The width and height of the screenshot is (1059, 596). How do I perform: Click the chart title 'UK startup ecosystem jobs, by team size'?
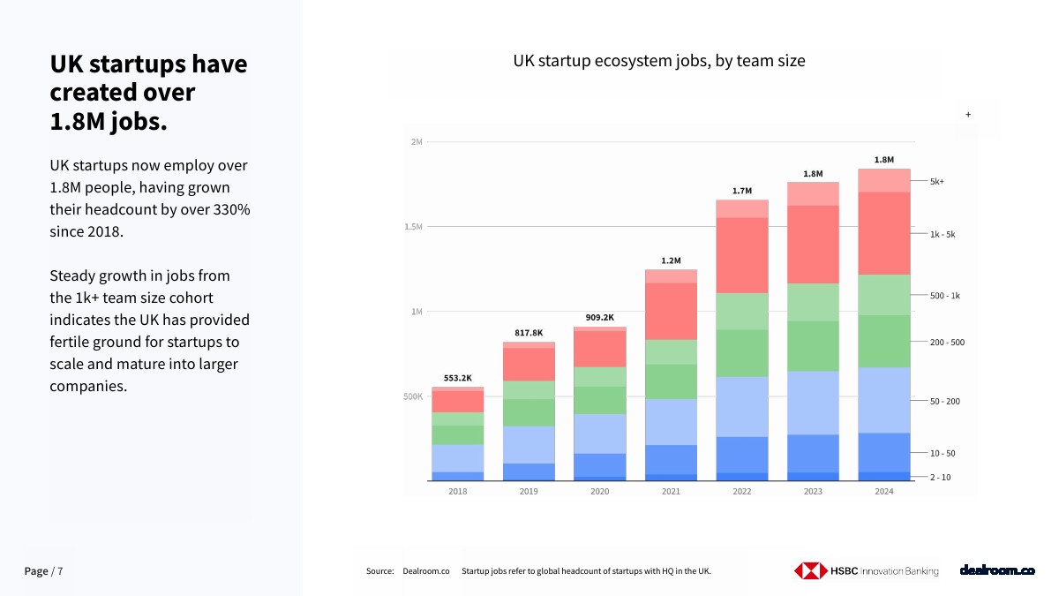pyautogui.click(x=659, y=61)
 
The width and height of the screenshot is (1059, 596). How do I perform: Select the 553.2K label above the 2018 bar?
pyautogui.click(x=457, y=378)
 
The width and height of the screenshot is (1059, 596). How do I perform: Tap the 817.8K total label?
pyautogui.click(x=529, y=333)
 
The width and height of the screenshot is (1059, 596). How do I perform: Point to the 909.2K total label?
pyautogui.click(x=599, y=317)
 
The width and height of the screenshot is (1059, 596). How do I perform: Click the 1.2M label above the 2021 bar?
pyautogui.click(x=671, y=260)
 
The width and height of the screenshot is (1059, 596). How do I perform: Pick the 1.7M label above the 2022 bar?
pyautogui.click(x=742, y=191)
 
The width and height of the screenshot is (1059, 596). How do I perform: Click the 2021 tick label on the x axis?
pyautogui.click(x=671, y=492)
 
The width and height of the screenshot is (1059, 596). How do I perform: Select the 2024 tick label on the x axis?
pyautogui.click(x=884, y=492)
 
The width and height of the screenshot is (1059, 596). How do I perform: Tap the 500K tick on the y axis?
pyautogui.click(x=414, y=397)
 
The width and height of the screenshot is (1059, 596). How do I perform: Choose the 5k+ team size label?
pyautogui.click(x=937, y=182)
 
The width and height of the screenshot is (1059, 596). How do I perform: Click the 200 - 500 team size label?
pyautogui.click(x=947, y=342)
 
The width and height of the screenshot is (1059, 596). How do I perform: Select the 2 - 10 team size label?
pyautogui.click(x=940, y=478)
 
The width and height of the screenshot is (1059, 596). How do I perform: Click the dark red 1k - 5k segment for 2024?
pyautogui.click(x=884, y=233)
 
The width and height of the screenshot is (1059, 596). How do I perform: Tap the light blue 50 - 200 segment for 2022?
pyautogui.click(x=742, y=406)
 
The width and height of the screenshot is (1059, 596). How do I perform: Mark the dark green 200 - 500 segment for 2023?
pyautogui.click(x=813, y=345)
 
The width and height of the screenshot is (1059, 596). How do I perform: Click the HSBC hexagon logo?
pyautogui.click(x=808, y=571)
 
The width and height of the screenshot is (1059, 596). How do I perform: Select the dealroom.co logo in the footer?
pyautogui.click(x=996, y=571)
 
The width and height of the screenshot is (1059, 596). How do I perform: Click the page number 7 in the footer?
pyautogui.click(x=60, y=571)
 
